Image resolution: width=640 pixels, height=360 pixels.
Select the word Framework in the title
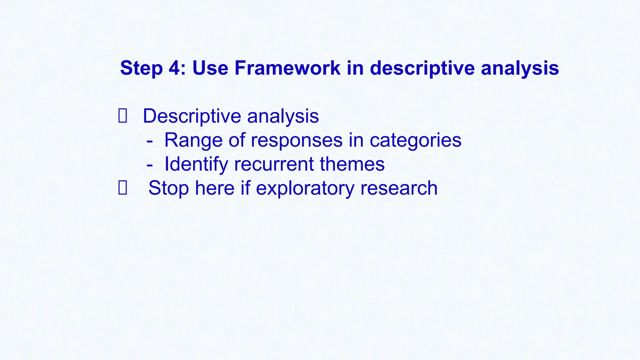[287, 68]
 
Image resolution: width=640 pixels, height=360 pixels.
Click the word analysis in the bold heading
[520, 68]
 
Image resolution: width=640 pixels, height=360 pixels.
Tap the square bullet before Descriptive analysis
[122, 116]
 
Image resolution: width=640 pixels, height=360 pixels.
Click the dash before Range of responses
[150, 140]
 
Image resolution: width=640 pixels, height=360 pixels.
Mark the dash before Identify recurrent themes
[150, 164]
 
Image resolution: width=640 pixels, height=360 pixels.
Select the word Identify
[196, 164]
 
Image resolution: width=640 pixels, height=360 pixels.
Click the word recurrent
[274, 164]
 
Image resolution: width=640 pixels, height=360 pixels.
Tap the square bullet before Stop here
[122, 188]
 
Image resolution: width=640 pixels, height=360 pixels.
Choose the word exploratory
[305, 188]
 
